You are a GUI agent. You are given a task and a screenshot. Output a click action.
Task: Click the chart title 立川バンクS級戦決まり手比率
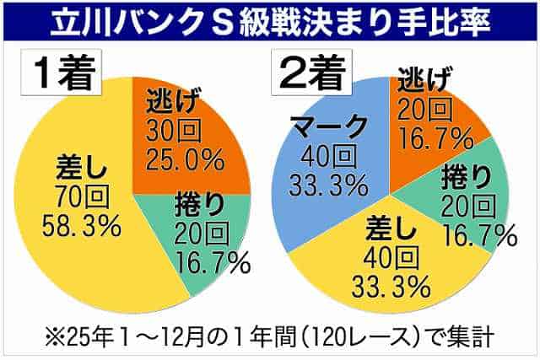269,19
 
